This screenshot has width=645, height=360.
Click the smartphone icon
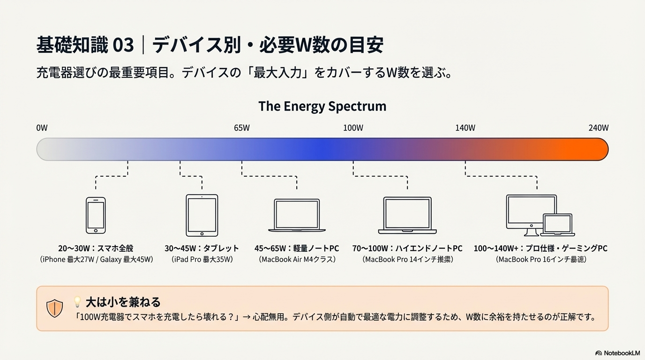[x=96, y=215]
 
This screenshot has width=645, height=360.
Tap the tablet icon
[x=202, y=215]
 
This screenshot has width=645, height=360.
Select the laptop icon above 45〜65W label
[x=297, y=216]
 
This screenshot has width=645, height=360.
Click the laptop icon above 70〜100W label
[x=407, y=216]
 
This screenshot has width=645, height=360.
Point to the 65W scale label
[x=242, y=128]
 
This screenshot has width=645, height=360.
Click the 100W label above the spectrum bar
[x=353, y=128]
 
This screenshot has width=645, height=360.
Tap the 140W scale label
[x=465, y=128]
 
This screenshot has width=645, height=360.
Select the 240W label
[x=598, y=128]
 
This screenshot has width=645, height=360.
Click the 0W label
[x=42, y=128]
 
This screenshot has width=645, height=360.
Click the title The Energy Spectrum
[x=322, y=106]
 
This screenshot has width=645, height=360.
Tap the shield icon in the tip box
[x=55, y=308]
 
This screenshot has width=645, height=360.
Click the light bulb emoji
[x=77, y=301]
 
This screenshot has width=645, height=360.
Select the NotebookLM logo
[x=617, y=353]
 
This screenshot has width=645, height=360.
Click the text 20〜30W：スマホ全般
[x=96, y=248]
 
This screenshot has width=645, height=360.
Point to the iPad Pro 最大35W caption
[x=202, y=259]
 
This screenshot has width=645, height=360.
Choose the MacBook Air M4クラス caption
[x=297, y=259]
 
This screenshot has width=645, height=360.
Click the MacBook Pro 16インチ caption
[x=541, y=259]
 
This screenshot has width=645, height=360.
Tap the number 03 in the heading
[x=123, y=45]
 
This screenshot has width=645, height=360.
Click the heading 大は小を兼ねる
[x=123, y=301]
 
